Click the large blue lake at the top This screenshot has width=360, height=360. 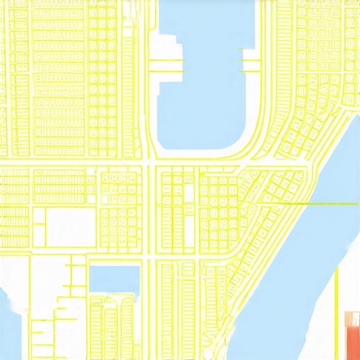204,84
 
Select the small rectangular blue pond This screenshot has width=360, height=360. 112,278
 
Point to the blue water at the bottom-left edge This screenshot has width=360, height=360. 10,323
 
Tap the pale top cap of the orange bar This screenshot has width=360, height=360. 352,314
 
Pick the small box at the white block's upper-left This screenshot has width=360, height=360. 39,217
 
